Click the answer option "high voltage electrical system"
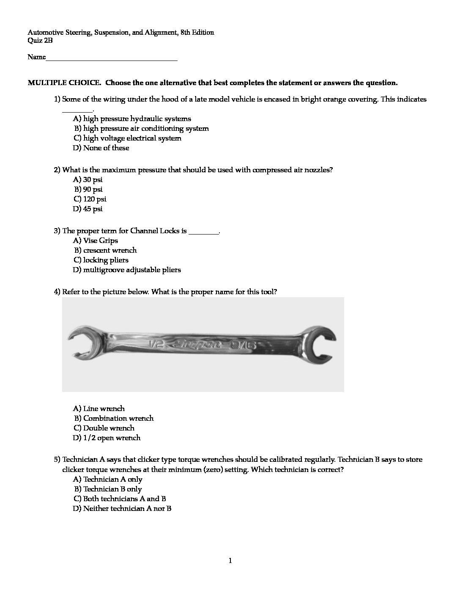(x=127, y=138)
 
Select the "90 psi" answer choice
(x=88, y=189)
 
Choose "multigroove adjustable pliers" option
(x=127, y=270)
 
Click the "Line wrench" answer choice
(x=99, y=408)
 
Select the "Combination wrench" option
(x=114, y=418)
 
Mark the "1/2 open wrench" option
(x=107, y=438)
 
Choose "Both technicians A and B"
(x=120, y=499)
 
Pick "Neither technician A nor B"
(x=122, y=508)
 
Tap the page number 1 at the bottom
(x=230, y=561)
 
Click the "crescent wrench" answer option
(x=105, y=250)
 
